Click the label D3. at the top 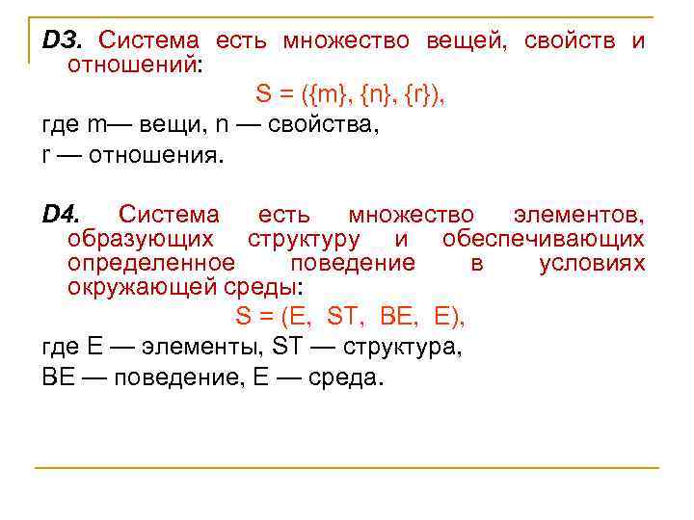[x=64, y=40]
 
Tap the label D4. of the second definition [x=65, y=214]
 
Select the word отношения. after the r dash [x=154, y=157]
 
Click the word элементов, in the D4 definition [x=579, y=214]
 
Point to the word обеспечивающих [x=544, y=239]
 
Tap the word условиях [x=592, y=263]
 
